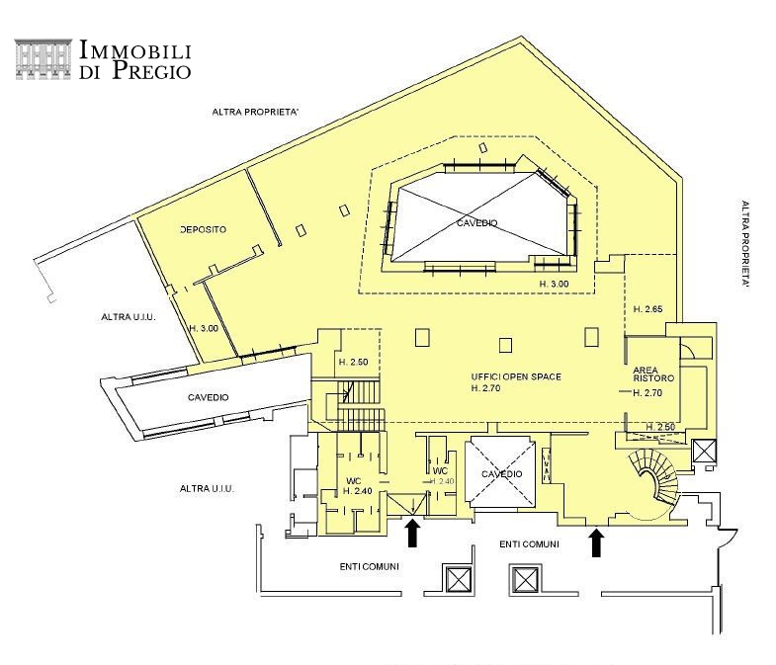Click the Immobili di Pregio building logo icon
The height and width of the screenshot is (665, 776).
coord(43,59)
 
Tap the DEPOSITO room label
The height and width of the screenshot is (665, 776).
coord(204,229)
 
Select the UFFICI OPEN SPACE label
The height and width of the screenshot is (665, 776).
coord(516,376)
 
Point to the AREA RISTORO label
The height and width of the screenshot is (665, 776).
coord(653,374)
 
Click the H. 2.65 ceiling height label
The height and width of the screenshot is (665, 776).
coord(647,309)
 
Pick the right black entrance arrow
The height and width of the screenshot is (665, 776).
coord(597,541)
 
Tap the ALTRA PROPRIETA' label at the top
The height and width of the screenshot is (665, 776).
coord(255,113)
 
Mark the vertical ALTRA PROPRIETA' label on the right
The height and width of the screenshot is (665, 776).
coord(745,244)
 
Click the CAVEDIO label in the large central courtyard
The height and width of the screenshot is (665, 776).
coord(477,223)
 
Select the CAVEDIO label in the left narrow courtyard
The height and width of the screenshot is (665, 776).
coord(209,397)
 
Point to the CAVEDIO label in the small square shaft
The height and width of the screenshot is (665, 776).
coord(502,474)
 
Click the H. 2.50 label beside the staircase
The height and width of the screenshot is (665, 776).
coord(353,362)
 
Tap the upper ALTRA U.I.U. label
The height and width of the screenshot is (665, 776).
coord(129,317)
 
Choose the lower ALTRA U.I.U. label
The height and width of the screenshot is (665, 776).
coord(207,489)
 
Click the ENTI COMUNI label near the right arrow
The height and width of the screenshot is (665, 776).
coord(529,544)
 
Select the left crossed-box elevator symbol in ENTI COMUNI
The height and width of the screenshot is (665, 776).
coord(457,579)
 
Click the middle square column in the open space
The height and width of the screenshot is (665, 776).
coord(505,345)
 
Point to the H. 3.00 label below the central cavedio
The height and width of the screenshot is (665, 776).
coord(554,284)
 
